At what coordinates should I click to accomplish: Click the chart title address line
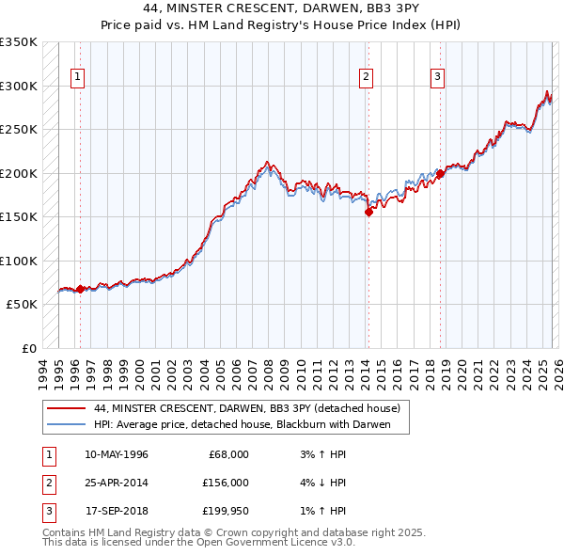coord(282,8)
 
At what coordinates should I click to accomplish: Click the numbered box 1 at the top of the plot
coord(76,78)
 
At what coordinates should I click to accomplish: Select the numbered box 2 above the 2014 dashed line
coord(366,78)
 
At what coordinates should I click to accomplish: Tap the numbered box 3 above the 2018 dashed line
coord(437,78)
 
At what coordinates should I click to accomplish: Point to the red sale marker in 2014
coord(368,213)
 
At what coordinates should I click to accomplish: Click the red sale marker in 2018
coord(440,174)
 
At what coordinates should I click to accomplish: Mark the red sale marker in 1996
coord(80,289)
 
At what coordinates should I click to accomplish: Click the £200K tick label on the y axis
coord(19,173)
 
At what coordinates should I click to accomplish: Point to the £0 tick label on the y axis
coord(28,348)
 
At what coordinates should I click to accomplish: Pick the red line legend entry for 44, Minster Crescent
coord(247,408)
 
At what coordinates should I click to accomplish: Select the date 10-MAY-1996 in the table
coord(117,454)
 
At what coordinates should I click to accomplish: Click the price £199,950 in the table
coord(225,511)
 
